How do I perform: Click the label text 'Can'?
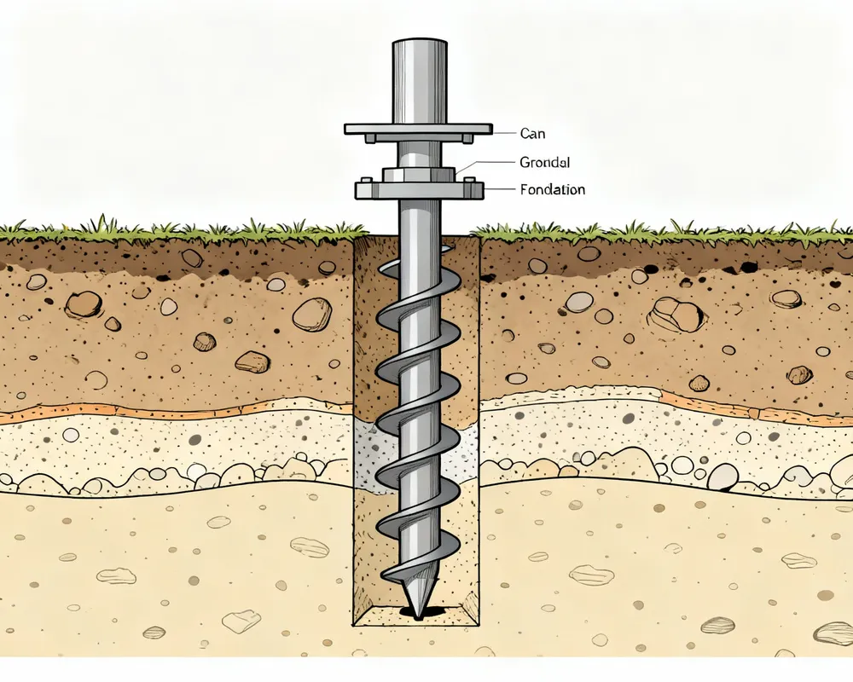point(532,134)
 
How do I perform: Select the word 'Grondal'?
point(544,162)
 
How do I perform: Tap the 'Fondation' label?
point(552,190)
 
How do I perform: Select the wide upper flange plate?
point(418,129)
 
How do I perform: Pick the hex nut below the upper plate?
point(418,174)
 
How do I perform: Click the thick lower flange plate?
point(418,190)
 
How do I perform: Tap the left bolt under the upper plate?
point(369,137)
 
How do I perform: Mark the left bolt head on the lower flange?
point(365,180)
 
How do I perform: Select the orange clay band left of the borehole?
point(171,412)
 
